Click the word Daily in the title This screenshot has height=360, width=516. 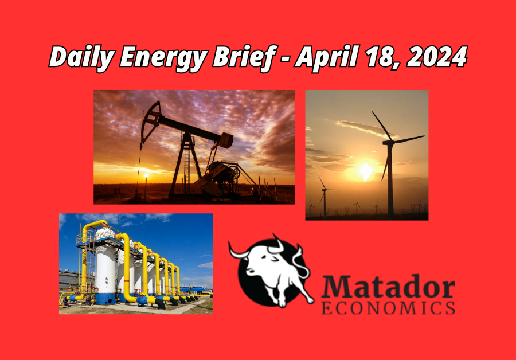coord(82,58)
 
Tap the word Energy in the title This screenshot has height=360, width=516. coord(163,58)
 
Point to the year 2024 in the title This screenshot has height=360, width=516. coord(437,57)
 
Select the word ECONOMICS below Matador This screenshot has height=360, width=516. coord(388,308)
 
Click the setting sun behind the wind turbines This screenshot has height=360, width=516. coord(366,171)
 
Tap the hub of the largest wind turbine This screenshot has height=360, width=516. coord(389,142)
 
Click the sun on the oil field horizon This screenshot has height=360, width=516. coord(146,175)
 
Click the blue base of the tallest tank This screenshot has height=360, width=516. coord(106,299)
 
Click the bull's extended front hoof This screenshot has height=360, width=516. coord(310,300)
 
